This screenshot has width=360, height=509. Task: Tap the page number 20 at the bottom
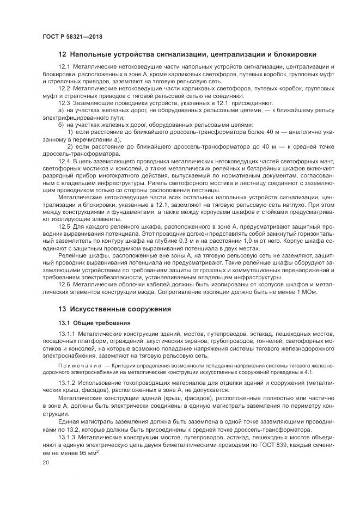tap(45, 462)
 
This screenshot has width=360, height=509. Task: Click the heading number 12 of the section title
tap(62, 54)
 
